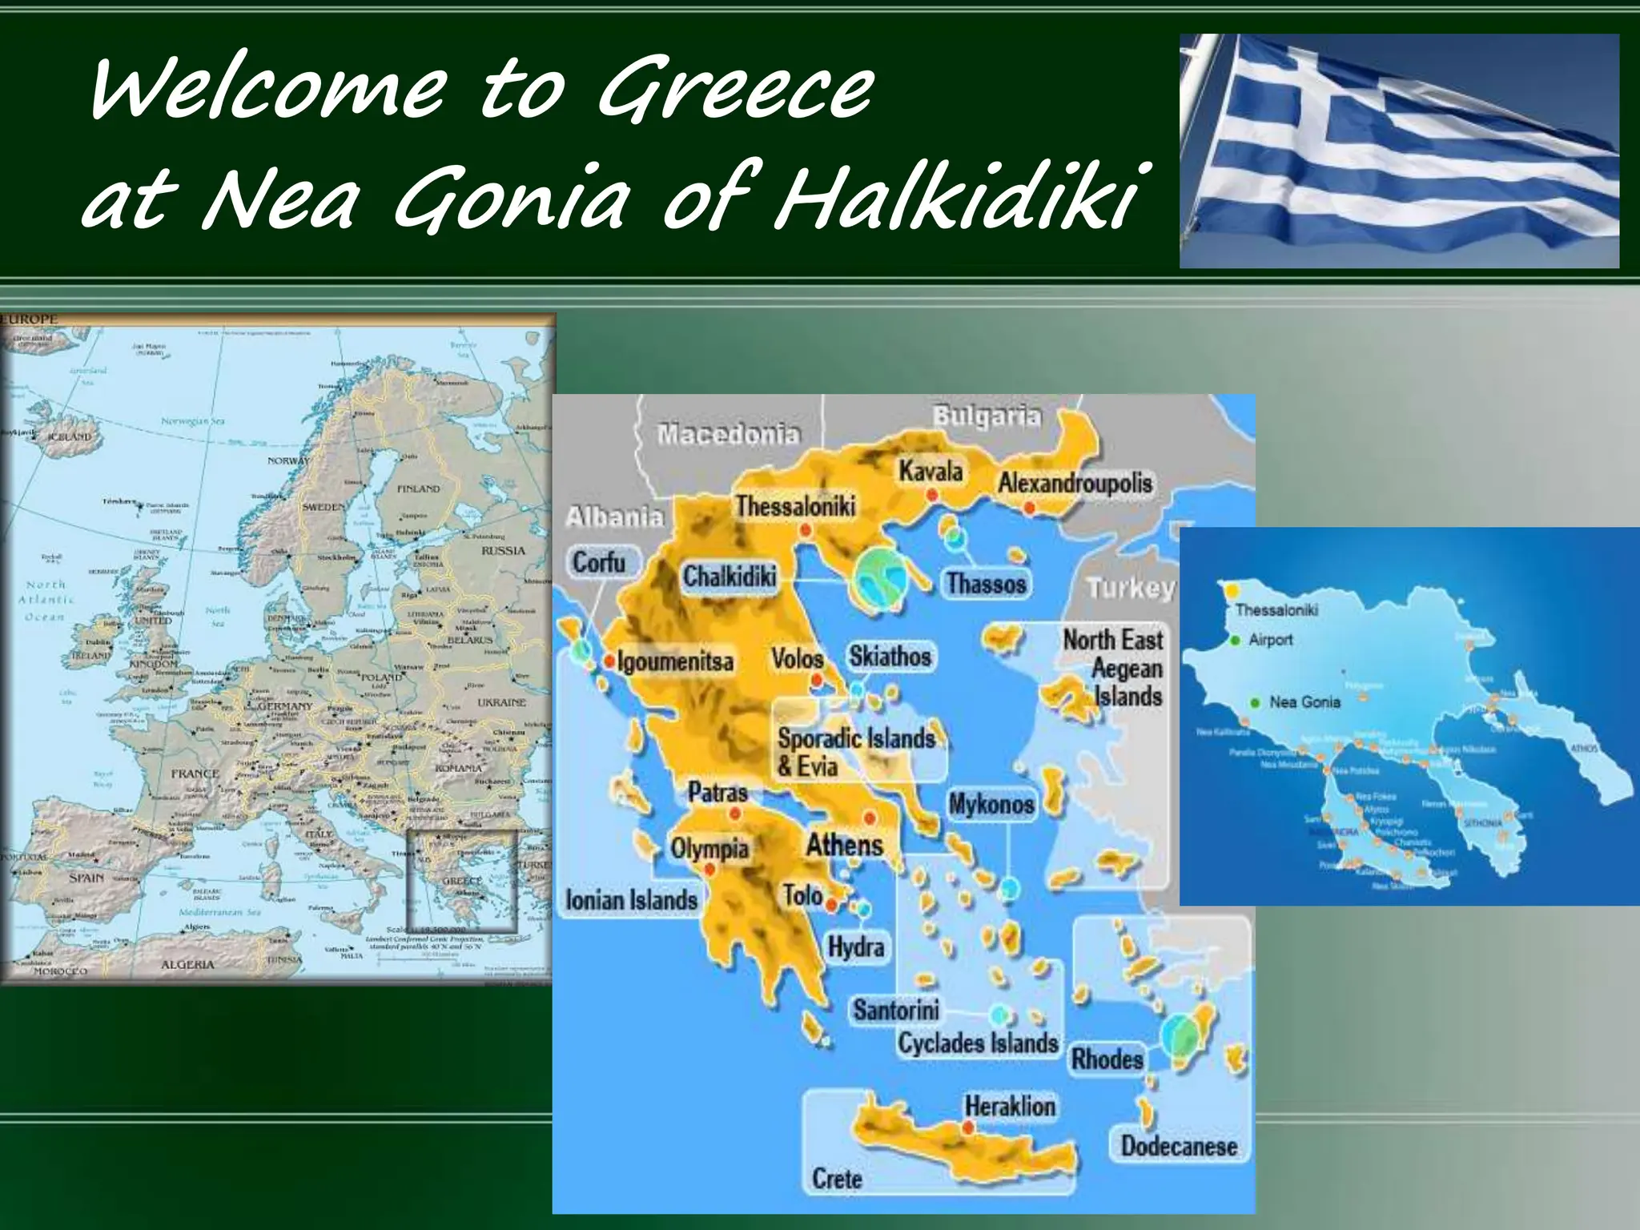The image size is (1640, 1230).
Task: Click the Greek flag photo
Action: [1399, 151]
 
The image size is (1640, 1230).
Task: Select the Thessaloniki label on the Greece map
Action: [795, 506]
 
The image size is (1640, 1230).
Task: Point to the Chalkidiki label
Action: [729, 577]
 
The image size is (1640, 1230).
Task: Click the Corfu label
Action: [598, 562]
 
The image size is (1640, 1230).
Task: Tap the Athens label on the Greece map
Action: [844, 845]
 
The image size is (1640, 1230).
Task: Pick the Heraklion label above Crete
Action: [1010, 1107]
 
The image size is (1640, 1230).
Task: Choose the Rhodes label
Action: [1107, 1059]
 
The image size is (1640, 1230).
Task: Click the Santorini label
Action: [895, 1010]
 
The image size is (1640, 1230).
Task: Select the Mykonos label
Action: [991, 804]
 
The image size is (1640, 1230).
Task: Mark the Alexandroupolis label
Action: [1075, 483]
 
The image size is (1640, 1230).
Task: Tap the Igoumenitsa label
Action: [675, 662]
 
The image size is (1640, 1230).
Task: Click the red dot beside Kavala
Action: [932, 495]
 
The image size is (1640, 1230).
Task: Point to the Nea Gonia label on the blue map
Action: [1304, 702]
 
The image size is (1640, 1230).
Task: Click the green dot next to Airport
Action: [1236, 640]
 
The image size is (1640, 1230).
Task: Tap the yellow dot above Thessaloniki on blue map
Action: [1231, 591]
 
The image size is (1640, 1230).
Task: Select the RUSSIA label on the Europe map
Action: [503, 551]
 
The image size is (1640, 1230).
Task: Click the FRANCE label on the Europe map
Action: [195, 774]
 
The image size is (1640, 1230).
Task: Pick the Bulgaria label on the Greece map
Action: [987, 416]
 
